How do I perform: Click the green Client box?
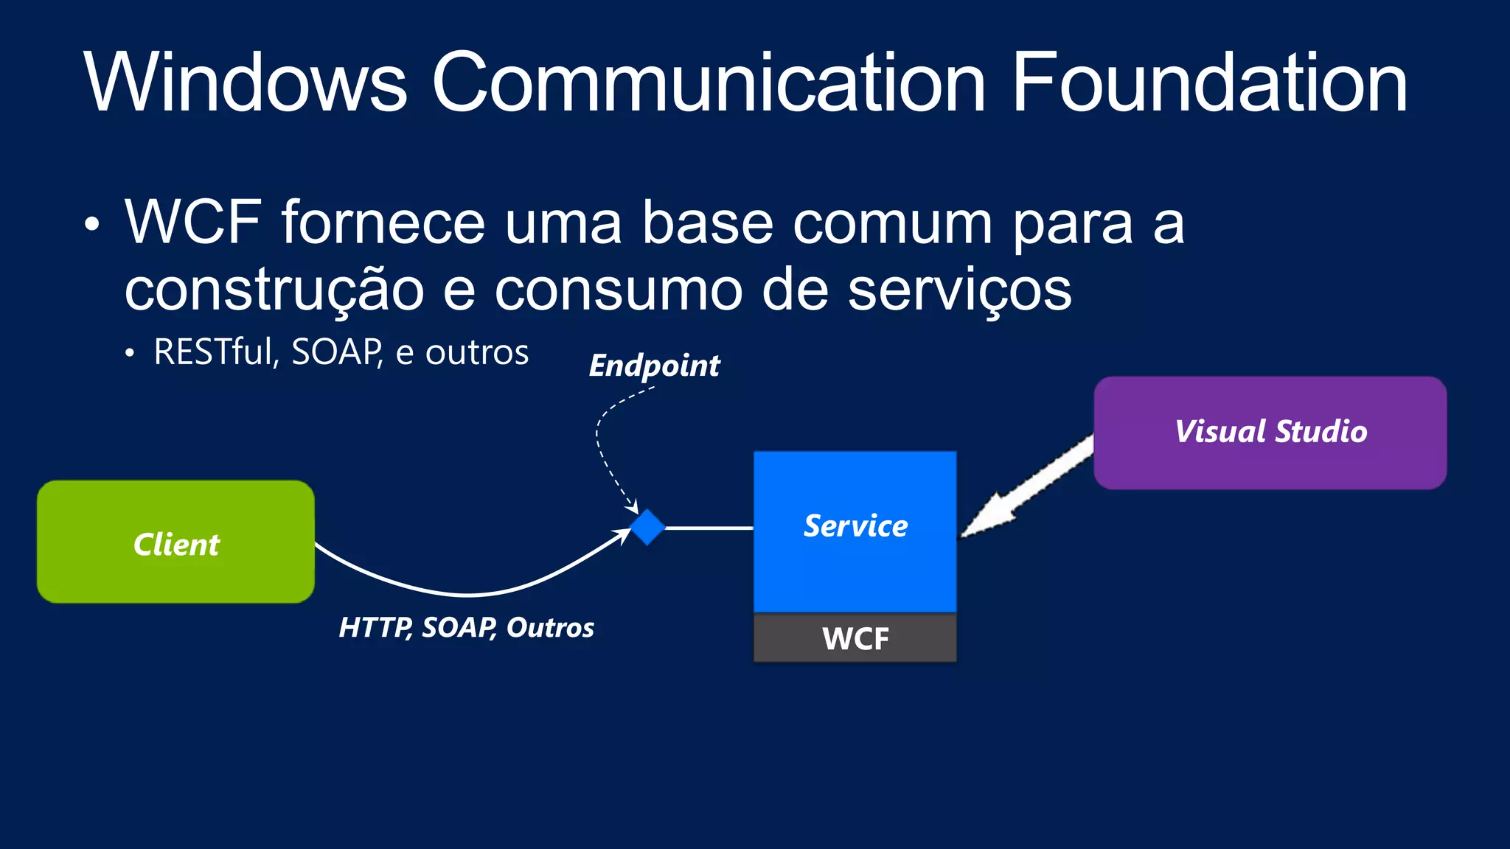tap(175, 542)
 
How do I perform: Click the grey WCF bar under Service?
tap(855, 638)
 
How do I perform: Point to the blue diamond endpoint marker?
tap(647, 527)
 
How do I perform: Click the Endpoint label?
tap(654, 366)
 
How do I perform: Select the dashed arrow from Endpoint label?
tap(601, 450)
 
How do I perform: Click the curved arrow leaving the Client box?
tap(465, 593)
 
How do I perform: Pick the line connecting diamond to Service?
tap(708, 528)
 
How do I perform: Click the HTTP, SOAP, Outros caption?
tap(466, 628)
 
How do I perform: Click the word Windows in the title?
tap(245, 83)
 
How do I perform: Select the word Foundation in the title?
tap(1209, 83)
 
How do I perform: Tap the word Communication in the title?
tap(708, 83)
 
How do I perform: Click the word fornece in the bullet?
tap(383, 223)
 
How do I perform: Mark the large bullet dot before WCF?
tap(91, 225)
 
